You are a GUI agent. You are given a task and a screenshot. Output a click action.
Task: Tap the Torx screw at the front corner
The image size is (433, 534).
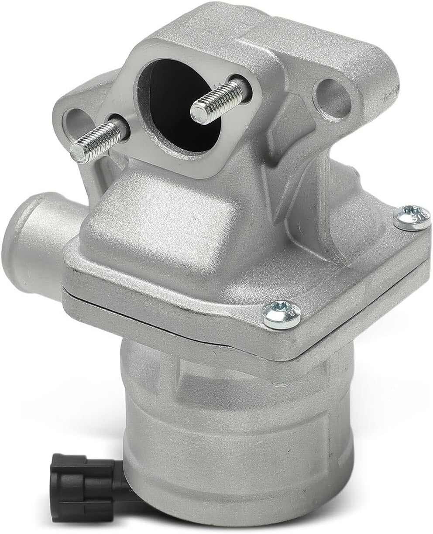pyautogui.click(x=282, y=314)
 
